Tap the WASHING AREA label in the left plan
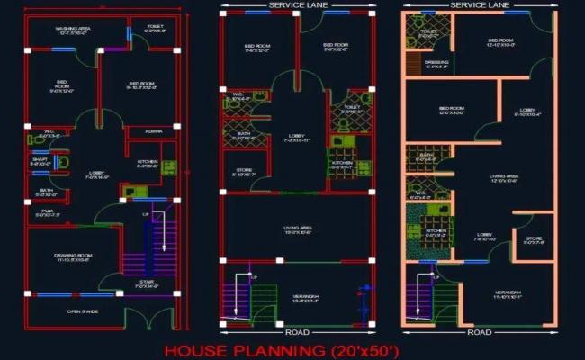click(x=71, y=30)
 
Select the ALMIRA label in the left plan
click(x=145, y=131)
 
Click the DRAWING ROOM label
click(x=70, y=256)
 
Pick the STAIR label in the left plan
click(x=146, y=283)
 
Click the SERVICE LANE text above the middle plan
click(x=297, y=6)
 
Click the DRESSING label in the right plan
click(x=436, y=63)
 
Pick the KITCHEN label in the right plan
click(x=436, y=231)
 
